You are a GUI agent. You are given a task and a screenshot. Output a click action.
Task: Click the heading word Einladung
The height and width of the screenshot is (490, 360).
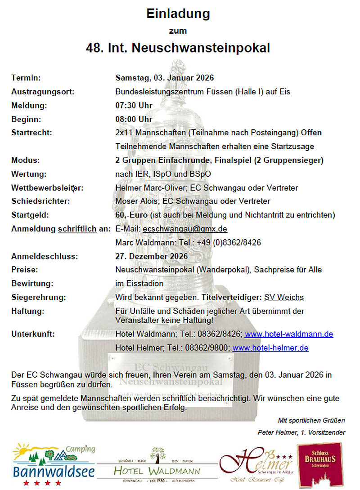(178, 14)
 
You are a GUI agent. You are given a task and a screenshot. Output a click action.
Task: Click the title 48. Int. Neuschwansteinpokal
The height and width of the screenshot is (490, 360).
(178, 48)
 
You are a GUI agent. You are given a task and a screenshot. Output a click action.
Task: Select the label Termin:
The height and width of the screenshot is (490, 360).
(26, 78)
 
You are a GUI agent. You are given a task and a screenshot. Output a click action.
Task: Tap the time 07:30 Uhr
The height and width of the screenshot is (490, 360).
(134, 106)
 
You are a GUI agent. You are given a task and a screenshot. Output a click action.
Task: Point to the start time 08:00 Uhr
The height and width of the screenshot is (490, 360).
(134, 120)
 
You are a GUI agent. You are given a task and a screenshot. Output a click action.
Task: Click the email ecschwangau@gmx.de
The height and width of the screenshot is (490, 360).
(184, 229)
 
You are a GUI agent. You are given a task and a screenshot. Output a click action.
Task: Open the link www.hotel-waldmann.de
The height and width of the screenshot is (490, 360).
(288, 334)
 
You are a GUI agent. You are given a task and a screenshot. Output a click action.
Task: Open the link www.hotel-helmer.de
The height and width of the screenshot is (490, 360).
(270, 347)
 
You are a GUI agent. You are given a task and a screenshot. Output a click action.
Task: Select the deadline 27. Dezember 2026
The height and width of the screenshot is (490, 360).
(151, 257)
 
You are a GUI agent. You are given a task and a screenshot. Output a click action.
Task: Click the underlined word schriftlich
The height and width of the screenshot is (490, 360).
(77, 229)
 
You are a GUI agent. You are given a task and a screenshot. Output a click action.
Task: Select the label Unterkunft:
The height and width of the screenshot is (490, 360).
(33, 334)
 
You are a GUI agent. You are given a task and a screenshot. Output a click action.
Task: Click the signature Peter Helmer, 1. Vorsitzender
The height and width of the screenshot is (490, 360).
(301, 432)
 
